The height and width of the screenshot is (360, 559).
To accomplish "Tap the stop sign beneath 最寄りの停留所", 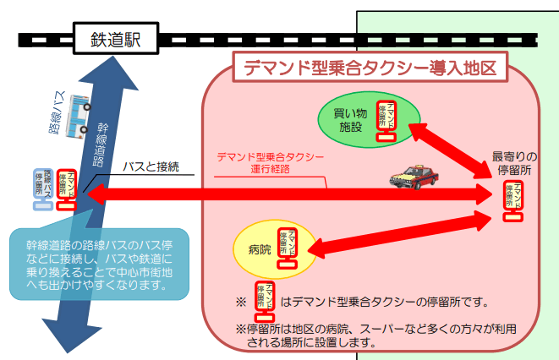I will pos(513,199).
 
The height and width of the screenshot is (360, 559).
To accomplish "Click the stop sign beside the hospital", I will pos(287,246).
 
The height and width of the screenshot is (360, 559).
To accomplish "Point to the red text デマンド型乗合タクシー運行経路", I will pos(270,162).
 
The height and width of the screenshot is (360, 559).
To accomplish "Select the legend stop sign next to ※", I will pos(265,299).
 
